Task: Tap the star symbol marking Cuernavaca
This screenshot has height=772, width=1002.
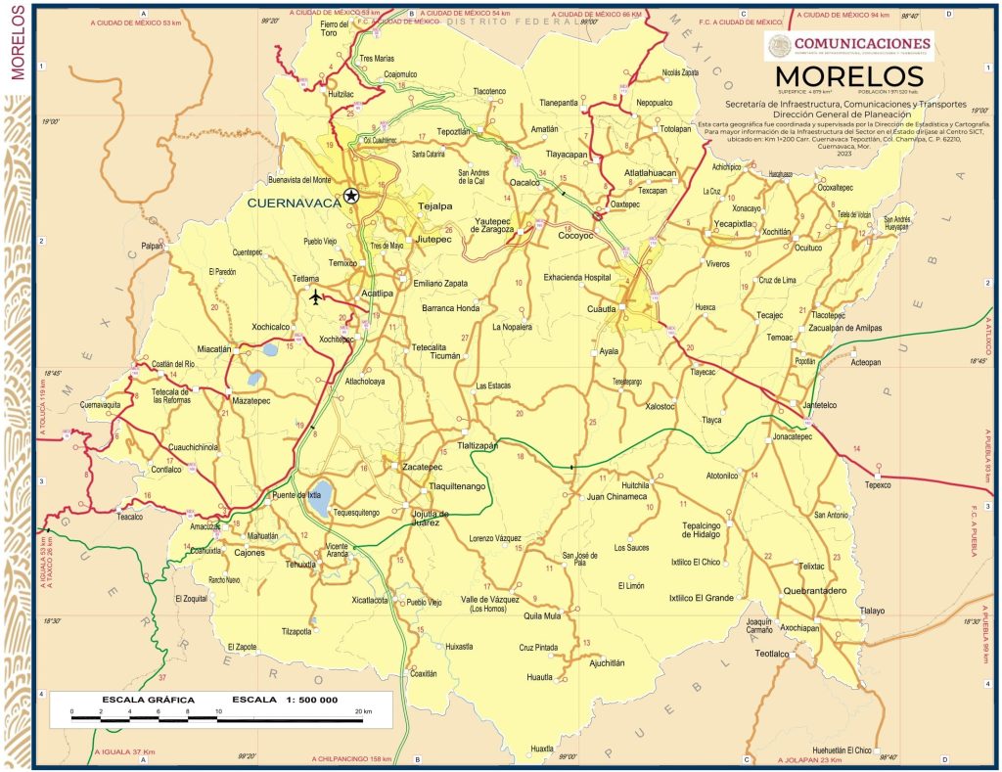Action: (351, 196)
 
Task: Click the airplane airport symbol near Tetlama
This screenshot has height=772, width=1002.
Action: (315, 296)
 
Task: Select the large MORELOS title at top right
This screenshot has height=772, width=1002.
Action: (848, 76)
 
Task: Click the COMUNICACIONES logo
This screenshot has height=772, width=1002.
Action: (848, 43)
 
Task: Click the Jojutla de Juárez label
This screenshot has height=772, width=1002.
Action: (431, 518)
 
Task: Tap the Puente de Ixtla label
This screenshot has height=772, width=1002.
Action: (296, 494)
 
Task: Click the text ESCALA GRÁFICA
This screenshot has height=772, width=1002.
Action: (148, 701)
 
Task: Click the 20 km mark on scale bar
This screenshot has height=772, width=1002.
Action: (361, 711)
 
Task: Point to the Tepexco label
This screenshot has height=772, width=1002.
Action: (880, 484)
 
